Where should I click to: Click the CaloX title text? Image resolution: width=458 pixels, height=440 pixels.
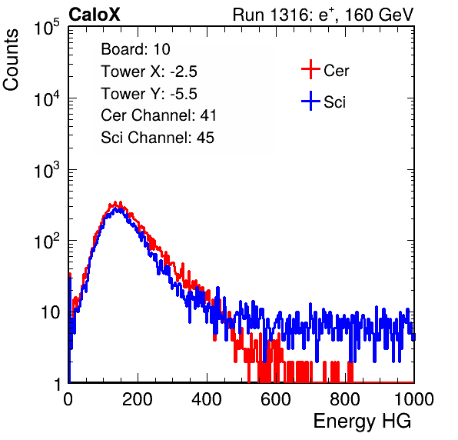(95, 15)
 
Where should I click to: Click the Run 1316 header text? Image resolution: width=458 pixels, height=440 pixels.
(323, 15)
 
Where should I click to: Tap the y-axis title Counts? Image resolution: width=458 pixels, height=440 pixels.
(11, 60)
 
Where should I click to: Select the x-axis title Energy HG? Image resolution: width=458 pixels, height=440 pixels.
(362, 422)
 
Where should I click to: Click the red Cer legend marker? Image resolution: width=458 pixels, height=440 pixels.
(310, 69)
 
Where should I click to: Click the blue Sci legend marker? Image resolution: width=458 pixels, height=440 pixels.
(310, 101)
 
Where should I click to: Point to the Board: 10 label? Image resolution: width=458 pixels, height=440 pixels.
(135, 49)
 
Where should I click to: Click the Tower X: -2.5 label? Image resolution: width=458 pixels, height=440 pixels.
(149, 72)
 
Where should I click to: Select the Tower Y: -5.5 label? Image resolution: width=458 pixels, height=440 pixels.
(149, 94)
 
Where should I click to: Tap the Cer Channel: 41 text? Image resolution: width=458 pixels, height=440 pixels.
(158, 115)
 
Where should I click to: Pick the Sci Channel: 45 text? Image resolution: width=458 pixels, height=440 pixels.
(158, 138)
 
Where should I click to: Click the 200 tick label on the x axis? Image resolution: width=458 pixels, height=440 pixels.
(138, 399)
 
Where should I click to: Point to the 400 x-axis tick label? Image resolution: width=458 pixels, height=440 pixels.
(207, 399)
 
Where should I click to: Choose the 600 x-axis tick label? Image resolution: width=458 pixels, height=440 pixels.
(276, 399)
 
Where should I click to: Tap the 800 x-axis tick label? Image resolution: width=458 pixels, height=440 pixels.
(345, 399)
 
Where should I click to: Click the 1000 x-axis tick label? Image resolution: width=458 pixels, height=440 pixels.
(414, 399)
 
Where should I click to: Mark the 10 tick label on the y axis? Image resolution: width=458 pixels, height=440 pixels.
(50, 312)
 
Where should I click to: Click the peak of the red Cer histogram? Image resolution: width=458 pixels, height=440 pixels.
(115, 202)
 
